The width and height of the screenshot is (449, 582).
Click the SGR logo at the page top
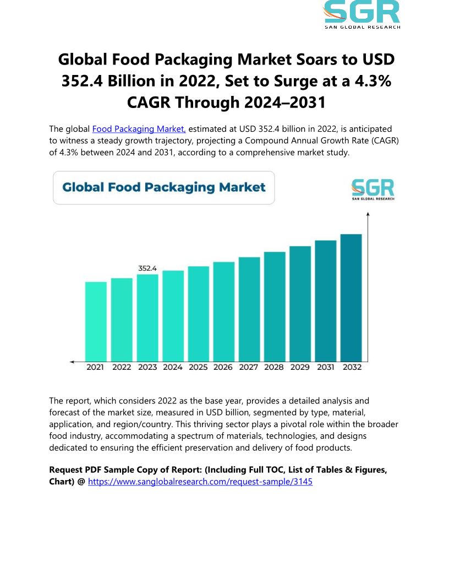pyautogui.click(x=362, y=13)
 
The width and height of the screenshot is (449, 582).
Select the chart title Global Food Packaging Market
pyautogui.click(x=164, y=187)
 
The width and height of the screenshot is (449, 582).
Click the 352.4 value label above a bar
pyautogui.click(x=147, y=268)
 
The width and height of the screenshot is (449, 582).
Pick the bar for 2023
pyautogui.click(x=147, y=317)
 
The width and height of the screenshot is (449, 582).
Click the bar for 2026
pyautogui.click(x=223, y=311)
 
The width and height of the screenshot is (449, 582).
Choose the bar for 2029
pyautogui.click(x=300, y=304)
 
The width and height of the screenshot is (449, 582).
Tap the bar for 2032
pyautogui.click(x=351, y=298)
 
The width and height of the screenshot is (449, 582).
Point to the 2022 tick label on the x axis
pyautogui.click(x=122, y=367)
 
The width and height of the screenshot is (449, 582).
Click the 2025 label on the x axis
pyautogui.click(x=198, y=367)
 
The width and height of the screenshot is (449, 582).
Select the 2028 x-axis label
pyautogui.click(x=275, y=367)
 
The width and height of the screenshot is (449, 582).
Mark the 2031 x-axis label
pyautogui.click(x=326, y=367)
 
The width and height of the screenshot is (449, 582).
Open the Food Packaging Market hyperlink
pyautogui.click(x=139, y=129)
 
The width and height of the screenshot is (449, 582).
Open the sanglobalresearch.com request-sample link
pyautogui.click(x=200, y=481)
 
